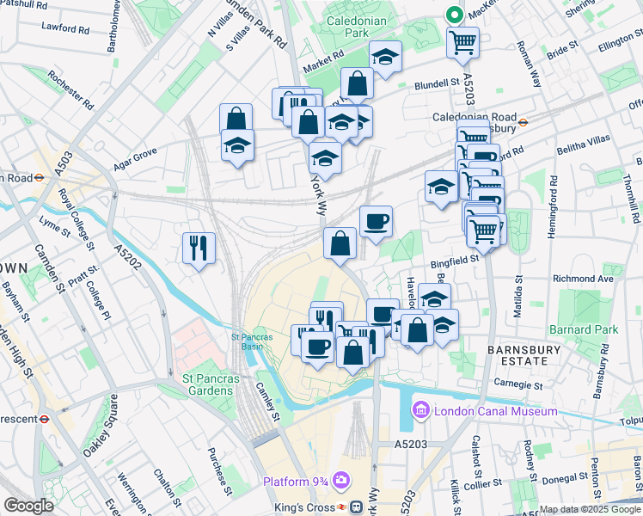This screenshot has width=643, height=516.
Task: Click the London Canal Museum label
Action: pos(495,411)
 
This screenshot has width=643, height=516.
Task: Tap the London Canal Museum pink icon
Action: pos(422,410)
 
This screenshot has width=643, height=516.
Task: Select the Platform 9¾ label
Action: pos(295,481)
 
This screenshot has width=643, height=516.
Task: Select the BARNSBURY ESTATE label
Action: pos(524,355)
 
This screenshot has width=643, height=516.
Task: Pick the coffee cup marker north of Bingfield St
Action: pos(376,222)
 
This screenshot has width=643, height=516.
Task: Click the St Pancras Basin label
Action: pos(252,341)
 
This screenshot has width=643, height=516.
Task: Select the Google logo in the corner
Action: pos(28,506)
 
